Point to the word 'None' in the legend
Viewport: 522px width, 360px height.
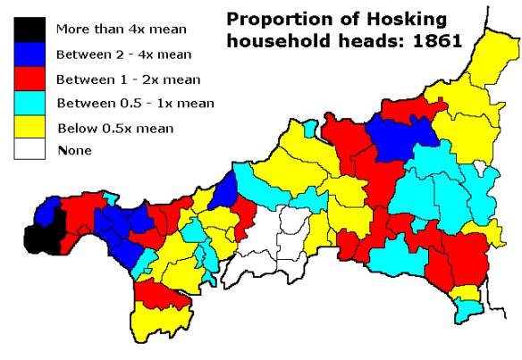pyautogui.click(x=74, y=150)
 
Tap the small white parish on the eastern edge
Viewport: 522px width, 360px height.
pyautogui.click(x=484, y=167)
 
